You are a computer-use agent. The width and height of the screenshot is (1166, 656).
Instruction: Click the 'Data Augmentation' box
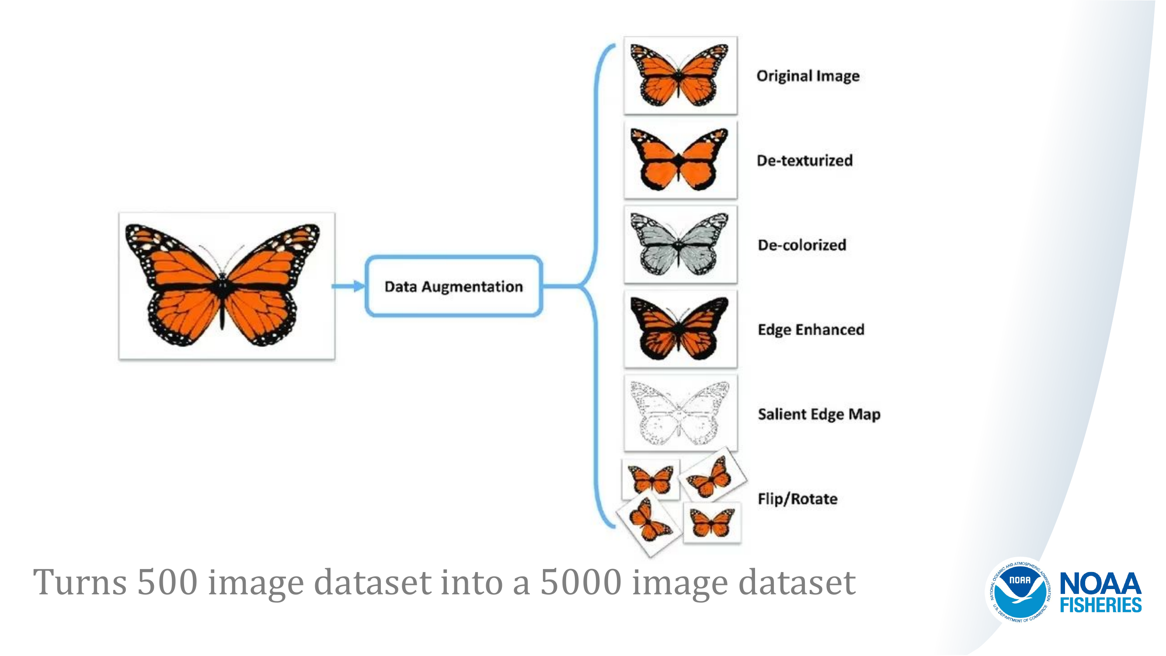coord(453,286)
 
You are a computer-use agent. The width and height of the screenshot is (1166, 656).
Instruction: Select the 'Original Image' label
coord(807,76)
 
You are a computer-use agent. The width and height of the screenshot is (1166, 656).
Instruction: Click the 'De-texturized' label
coord(804,160)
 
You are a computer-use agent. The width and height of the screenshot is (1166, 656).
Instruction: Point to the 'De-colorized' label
coord(802,245)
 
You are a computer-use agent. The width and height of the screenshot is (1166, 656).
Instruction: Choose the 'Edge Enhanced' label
coord(811,330)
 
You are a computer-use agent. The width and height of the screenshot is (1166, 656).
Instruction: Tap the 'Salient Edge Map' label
coord(819,414)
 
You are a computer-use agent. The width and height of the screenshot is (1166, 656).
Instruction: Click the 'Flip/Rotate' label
coord(797,499)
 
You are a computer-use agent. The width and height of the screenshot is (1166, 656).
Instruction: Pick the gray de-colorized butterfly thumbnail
coord(680,245)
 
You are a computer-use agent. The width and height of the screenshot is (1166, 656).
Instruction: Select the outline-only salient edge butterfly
coord(680,413)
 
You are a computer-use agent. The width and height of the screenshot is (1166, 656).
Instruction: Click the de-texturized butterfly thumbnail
coord(680,160)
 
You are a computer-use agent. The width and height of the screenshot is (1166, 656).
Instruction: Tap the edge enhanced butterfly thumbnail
coord(680,329)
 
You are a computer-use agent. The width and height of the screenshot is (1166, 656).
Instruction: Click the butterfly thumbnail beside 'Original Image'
coord(680,75)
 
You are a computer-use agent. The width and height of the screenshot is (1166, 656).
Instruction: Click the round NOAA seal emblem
coord(1020,590)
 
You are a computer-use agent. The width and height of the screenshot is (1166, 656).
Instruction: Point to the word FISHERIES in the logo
coord(1100,605)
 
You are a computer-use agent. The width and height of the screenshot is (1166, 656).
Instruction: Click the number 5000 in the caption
coord(581,582)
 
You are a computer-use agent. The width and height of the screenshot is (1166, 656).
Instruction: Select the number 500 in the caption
coord(167,582)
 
